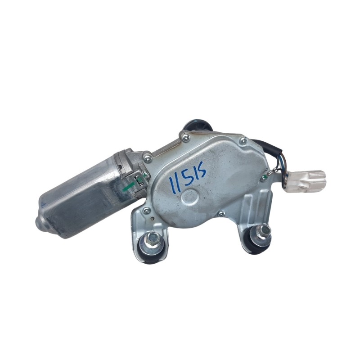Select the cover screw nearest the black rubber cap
[x=186, y=138]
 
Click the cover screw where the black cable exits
[x=244, y=140]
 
